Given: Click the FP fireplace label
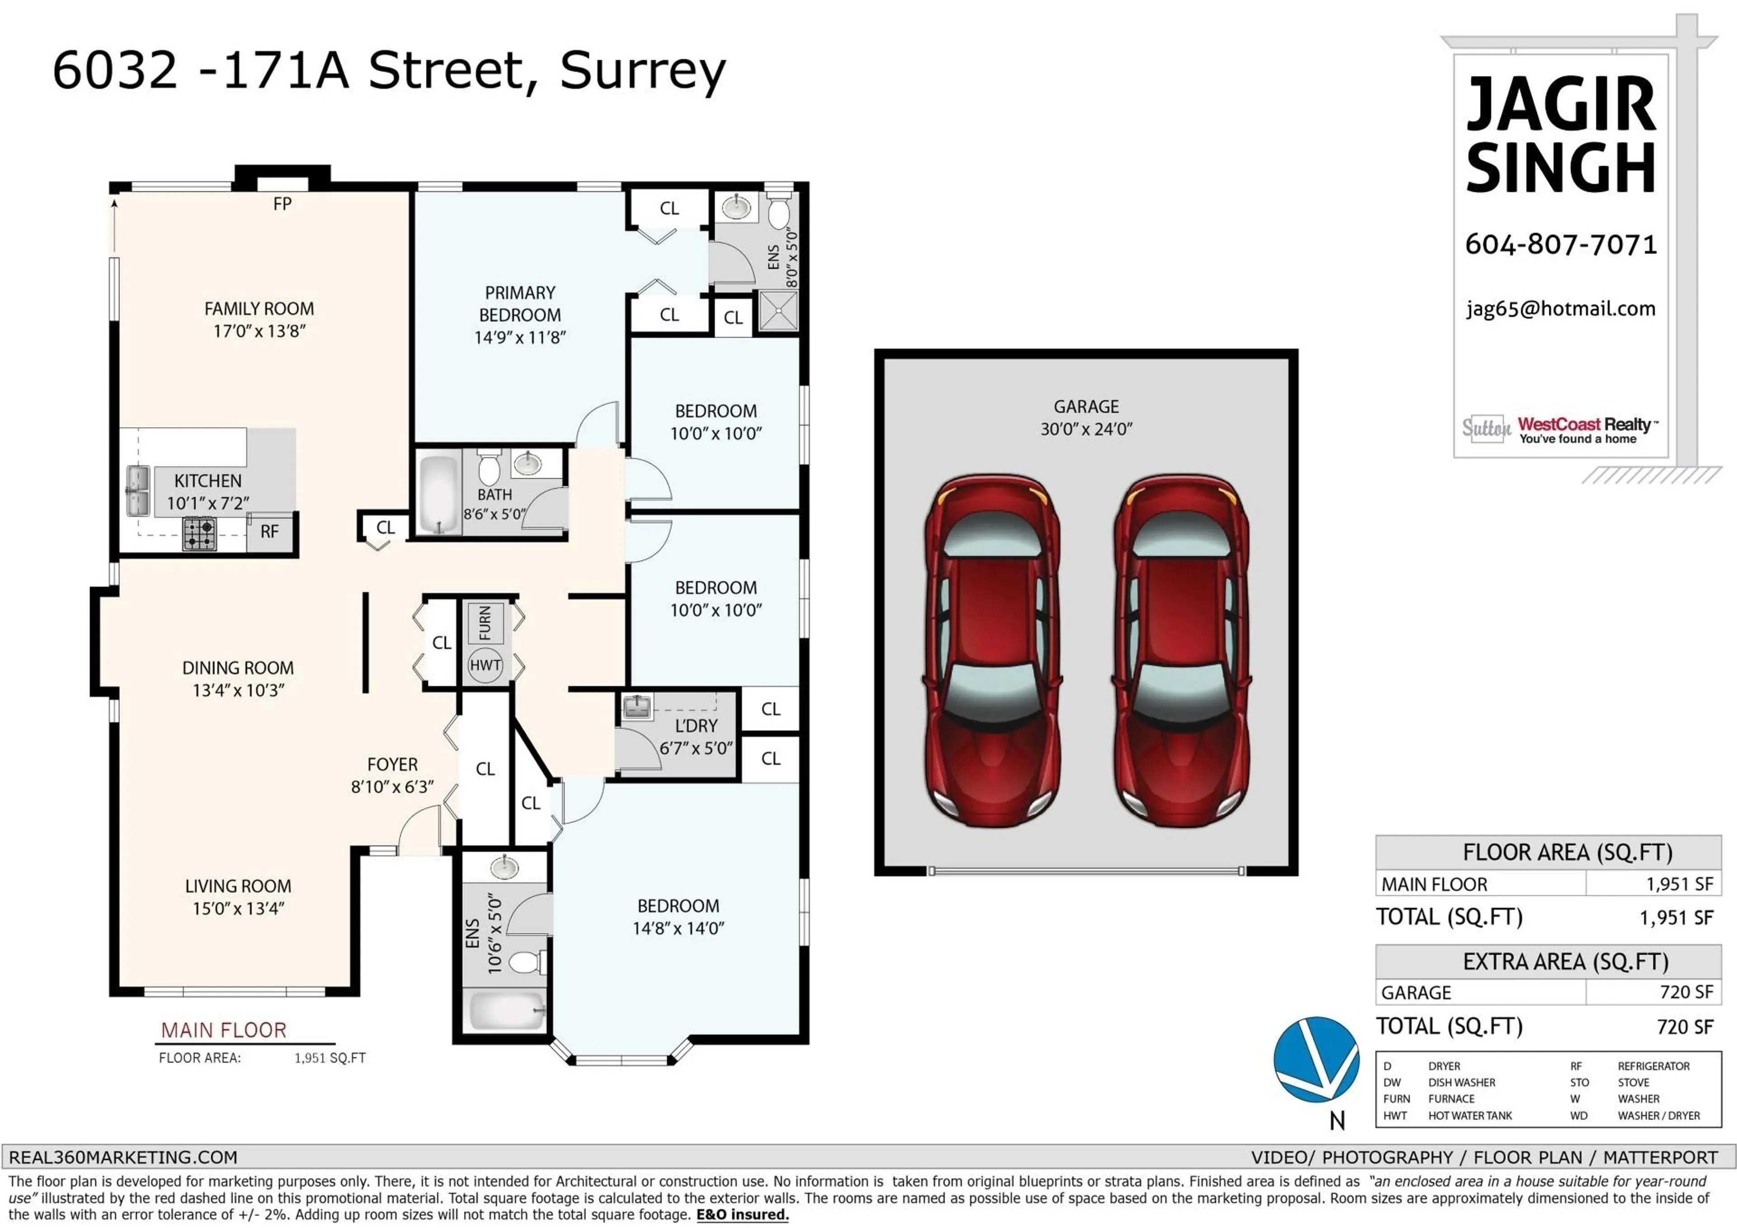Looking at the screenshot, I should pos(282,204).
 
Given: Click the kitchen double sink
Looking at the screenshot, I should pos(138,491).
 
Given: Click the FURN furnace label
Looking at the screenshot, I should pos(485,623).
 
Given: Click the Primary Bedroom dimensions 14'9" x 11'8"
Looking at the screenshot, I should pos(520,338).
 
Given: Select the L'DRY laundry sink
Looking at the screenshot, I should pos(638,708).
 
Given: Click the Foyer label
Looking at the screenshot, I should pos(392,765).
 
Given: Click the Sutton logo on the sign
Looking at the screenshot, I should pos(1486,428).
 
